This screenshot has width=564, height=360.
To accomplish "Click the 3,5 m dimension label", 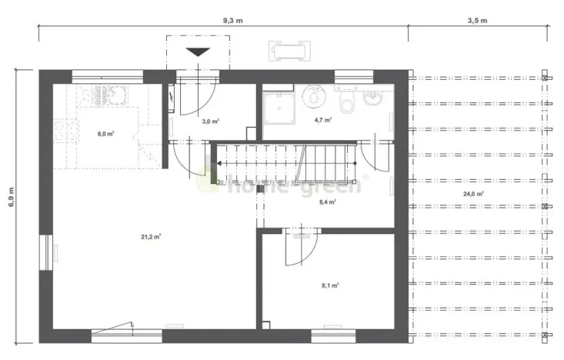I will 478,20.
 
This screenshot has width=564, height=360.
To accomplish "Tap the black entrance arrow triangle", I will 199,52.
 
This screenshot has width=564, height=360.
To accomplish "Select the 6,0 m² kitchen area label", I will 106,134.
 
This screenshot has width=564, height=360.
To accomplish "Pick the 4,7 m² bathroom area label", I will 323,120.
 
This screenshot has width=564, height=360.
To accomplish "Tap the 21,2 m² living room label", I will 151,237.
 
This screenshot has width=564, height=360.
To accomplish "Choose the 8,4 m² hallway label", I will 329,203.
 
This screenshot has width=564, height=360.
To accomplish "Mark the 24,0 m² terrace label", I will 474,194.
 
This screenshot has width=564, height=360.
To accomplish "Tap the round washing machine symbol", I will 312,97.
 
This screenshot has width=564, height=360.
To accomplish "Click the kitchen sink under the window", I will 103,96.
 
